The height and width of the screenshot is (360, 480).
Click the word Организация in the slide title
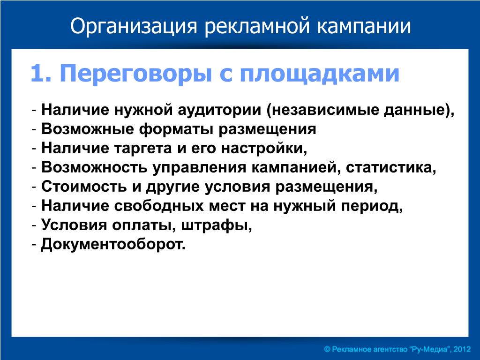134,27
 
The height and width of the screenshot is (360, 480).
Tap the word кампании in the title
364,26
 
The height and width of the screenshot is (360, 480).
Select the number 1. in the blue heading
41,74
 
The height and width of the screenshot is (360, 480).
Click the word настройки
263,148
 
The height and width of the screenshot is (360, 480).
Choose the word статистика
390,168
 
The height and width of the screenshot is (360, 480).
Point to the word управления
199,168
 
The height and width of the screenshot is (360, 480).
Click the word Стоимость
84,187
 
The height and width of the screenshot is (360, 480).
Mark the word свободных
158,206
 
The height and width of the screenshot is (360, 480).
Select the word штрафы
217,225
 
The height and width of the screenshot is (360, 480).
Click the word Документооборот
113,244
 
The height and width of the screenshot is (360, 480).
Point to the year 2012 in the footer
462,349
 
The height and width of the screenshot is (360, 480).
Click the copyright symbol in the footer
327,349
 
